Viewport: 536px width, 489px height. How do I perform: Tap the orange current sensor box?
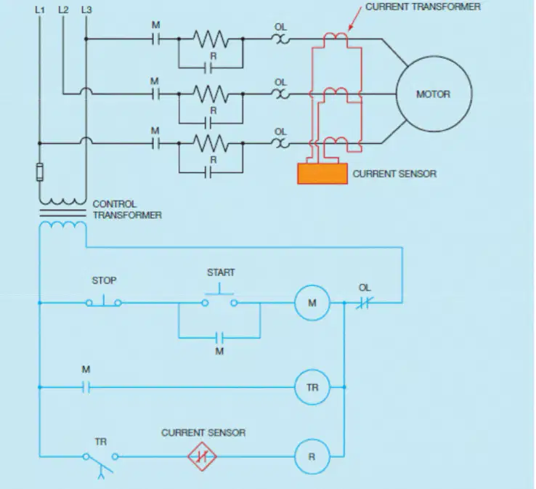pos(322,174)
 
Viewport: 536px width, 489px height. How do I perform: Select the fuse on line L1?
pos(40,172)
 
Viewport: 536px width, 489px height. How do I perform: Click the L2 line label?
pos(63,10)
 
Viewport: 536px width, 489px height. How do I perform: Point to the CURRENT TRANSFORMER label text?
pos(423,7)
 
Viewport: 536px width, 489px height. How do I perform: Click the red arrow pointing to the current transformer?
pos(355,19)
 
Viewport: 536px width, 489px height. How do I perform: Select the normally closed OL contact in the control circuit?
pos(364,303)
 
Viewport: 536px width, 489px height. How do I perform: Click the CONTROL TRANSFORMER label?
pos(127,209)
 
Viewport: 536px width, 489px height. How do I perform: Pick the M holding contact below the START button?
pos(219,338)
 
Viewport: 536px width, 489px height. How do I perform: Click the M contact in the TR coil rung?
pos(86,387)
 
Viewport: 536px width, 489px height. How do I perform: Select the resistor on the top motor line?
pos(211,39)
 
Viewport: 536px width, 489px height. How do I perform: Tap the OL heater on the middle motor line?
pos(280,94)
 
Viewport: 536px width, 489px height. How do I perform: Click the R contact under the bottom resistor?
pos(208,173)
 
